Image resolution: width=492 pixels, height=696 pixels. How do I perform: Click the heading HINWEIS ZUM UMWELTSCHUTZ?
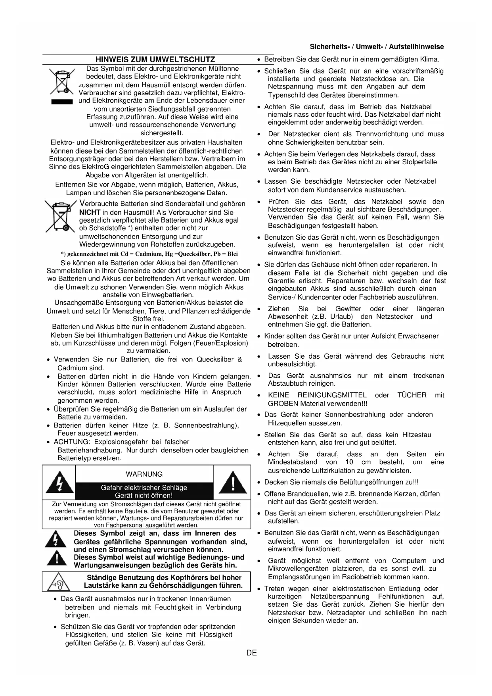[x=155, y=60]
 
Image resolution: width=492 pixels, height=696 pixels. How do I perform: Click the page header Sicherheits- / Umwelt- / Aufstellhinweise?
[x=377, y=47]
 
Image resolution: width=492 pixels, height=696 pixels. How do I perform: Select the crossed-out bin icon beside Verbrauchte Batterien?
[x=60, y=216]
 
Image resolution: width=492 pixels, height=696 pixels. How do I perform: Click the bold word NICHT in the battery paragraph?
[x=90, y=212]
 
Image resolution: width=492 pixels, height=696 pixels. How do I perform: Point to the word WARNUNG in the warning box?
[x=144, y=474]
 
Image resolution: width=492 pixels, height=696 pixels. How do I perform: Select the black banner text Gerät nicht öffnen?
[x=144, y=496]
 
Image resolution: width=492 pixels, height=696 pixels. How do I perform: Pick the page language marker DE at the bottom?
[x=251, y=653]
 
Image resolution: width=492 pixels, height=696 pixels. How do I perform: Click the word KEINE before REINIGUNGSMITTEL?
[x=278, y=395]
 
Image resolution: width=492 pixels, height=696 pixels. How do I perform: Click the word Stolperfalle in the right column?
[x=414, y=162]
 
